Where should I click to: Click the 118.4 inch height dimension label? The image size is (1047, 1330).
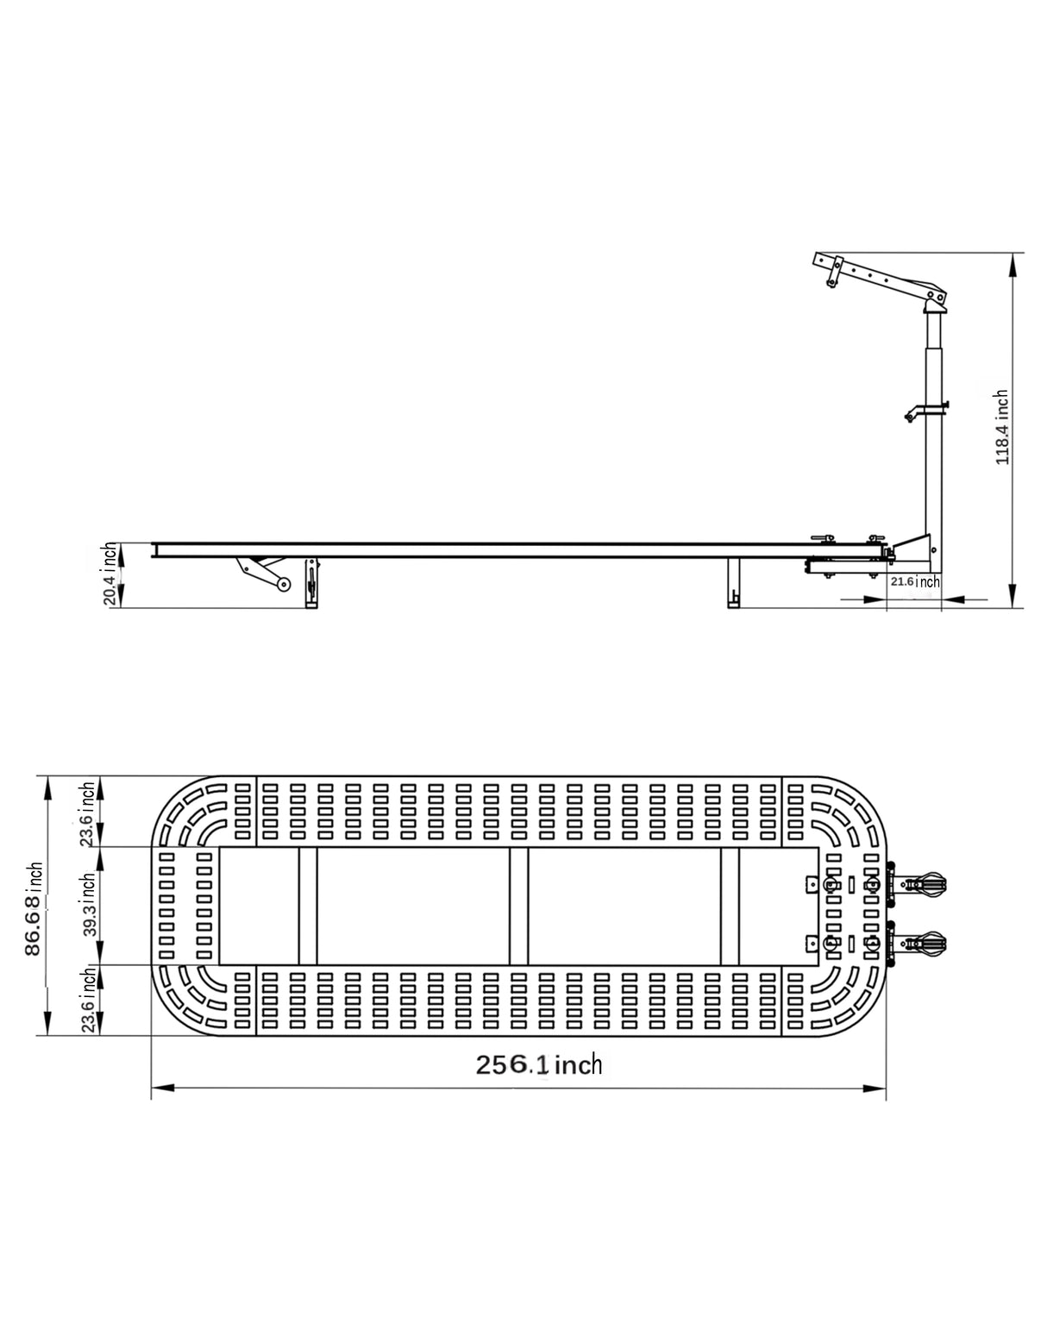1001,428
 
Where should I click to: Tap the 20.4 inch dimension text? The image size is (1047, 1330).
111,574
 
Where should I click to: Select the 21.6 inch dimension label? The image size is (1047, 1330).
915,582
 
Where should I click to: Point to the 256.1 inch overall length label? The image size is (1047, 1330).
539,1064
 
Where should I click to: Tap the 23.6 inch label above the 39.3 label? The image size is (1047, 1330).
87,814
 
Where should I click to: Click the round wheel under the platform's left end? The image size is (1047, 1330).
283,586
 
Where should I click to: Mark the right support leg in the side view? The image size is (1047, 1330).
734,583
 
